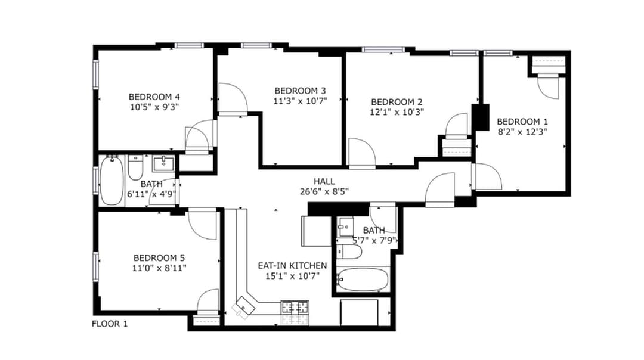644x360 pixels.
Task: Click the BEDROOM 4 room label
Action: click(x=154, y=97)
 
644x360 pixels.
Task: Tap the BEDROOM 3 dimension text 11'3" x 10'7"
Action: click(x=300, y=101)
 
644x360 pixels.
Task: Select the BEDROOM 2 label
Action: click(x=397, y=102)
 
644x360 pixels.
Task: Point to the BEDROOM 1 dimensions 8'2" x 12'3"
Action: click(x=522, y=132)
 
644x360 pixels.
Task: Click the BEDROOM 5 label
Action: click(x=159, y=258)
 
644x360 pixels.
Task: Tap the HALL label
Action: click(x=324, y=181)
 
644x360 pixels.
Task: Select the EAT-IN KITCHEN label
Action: click(x=292, y=266)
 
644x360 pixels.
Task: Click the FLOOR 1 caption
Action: click(x=110, y=324)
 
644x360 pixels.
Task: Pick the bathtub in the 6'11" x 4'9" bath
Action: click(x=112, y=181)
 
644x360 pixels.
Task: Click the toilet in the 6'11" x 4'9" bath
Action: click(x=135, y=167)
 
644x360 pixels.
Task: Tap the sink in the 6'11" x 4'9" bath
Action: click(x=163, y=163)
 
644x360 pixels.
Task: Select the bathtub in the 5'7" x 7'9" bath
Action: click(x=362, y=280)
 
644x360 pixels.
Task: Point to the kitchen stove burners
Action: click(x=295, y=308)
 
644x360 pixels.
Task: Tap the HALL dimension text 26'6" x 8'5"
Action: click(x=324, y=191)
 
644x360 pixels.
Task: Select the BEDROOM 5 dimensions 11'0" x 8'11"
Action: click(x=159, y=268)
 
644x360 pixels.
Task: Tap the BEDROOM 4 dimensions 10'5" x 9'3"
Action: click(x=154, y=107)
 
